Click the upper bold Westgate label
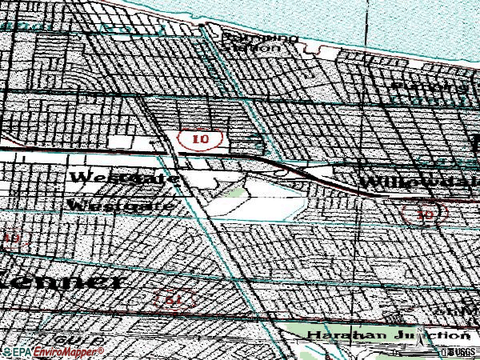tap(122, 177)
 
